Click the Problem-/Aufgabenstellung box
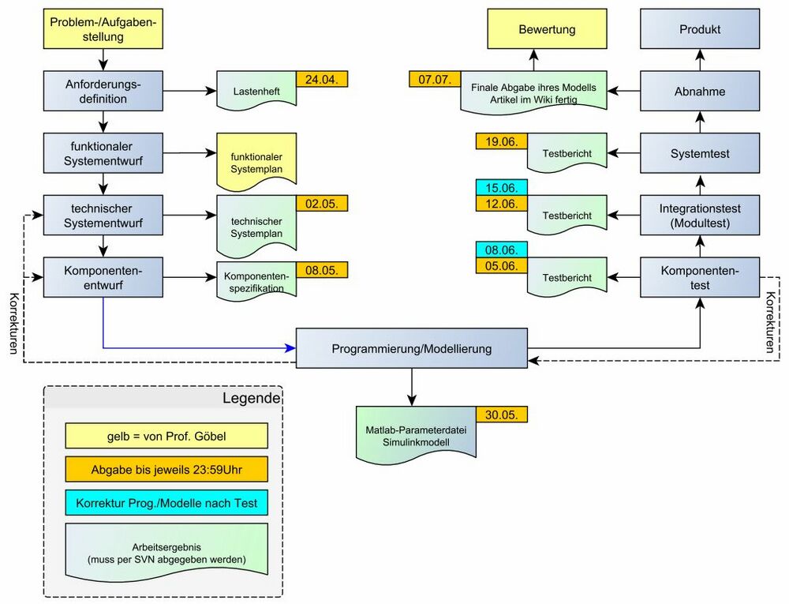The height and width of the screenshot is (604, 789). pos(103,29)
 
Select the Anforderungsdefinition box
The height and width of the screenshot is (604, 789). pos(103,91)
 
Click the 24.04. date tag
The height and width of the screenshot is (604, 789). pos(322,78)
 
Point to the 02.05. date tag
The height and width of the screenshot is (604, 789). pos(322,203)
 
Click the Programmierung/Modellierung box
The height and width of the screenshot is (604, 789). pos(411,348)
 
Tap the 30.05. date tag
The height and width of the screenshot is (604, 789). pos(501,415)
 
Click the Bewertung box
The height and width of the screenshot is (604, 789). pos(547,29)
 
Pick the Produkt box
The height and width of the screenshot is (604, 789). pos(700,29)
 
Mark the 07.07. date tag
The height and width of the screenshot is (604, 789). pos(435,79)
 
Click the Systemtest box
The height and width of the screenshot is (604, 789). pos(700,152)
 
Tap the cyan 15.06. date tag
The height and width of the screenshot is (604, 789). pos(501,188)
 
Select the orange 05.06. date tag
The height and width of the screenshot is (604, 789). pos(501,265)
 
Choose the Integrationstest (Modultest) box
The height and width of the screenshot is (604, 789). pos(700,215)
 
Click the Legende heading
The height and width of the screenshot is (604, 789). pos(250,398)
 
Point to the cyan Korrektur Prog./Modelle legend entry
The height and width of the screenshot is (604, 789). pos(166,503)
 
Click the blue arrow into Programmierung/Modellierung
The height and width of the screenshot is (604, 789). pos(197,347)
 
